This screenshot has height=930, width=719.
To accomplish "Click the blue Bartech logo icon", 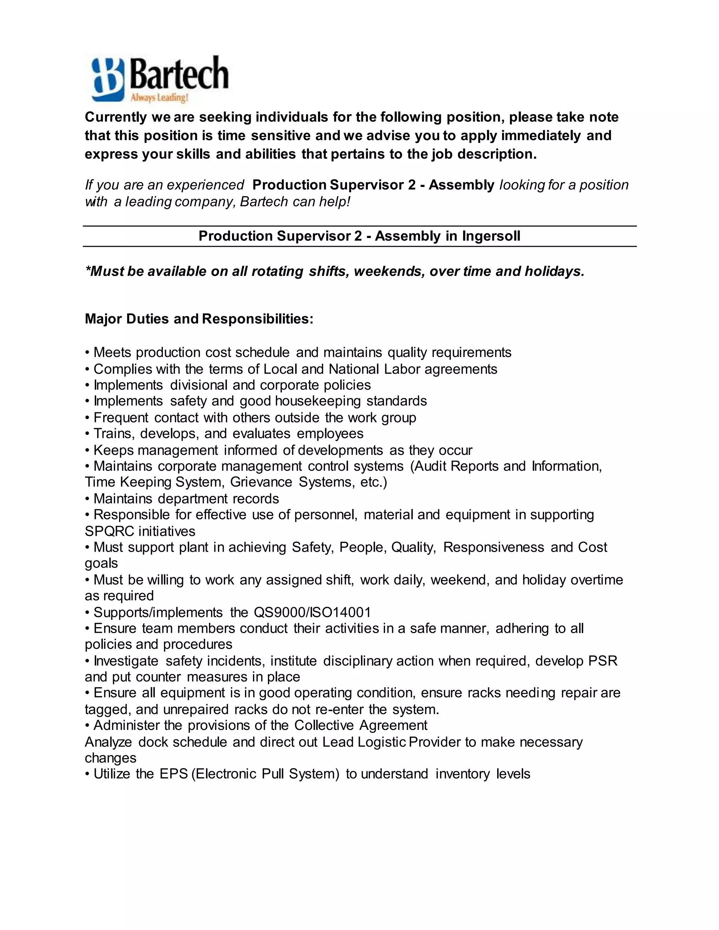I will (x=108, y=80).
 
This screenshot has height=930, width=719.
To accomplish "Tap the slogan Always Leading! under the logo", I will (x=159, y=98).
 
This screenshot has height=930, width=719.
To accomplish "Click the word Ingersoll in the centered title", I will (x=491, y=236).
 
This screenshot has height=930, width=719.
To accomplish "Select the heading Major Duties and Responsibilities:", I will (x=199, y=319).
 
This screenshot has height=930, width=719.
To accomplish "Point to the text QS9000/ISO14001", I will (x=312, y=612).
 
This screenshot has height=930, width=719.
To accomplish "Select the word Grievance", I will (x=261, y=482).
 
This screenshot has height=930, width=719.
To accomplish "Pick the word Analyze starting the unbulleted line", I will (x=108, y=742).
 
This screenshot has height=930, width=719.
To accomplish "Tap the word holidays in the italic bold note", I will (x=554, y=271).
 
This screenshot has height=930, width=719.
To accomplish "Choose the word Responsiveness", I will (x=493, y=547).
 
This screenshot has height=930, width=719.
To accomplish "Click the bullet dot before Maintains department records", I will (x=87, y=499).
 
